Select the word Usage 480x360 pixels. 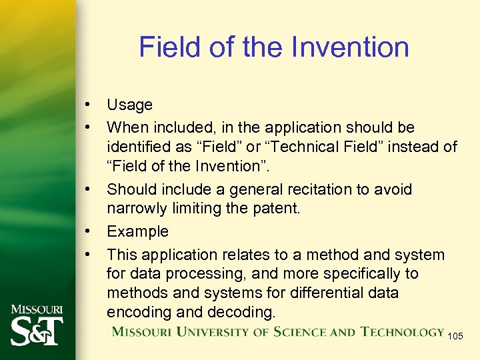[x=129, y=105]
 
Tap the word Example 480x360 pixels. [x=138, y=232]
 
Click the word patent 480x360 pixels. [x=275, y=209]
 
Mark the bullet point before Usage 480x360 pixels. [x=87, y=105]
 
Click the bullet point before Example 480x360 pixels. [x=87, y=232]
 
